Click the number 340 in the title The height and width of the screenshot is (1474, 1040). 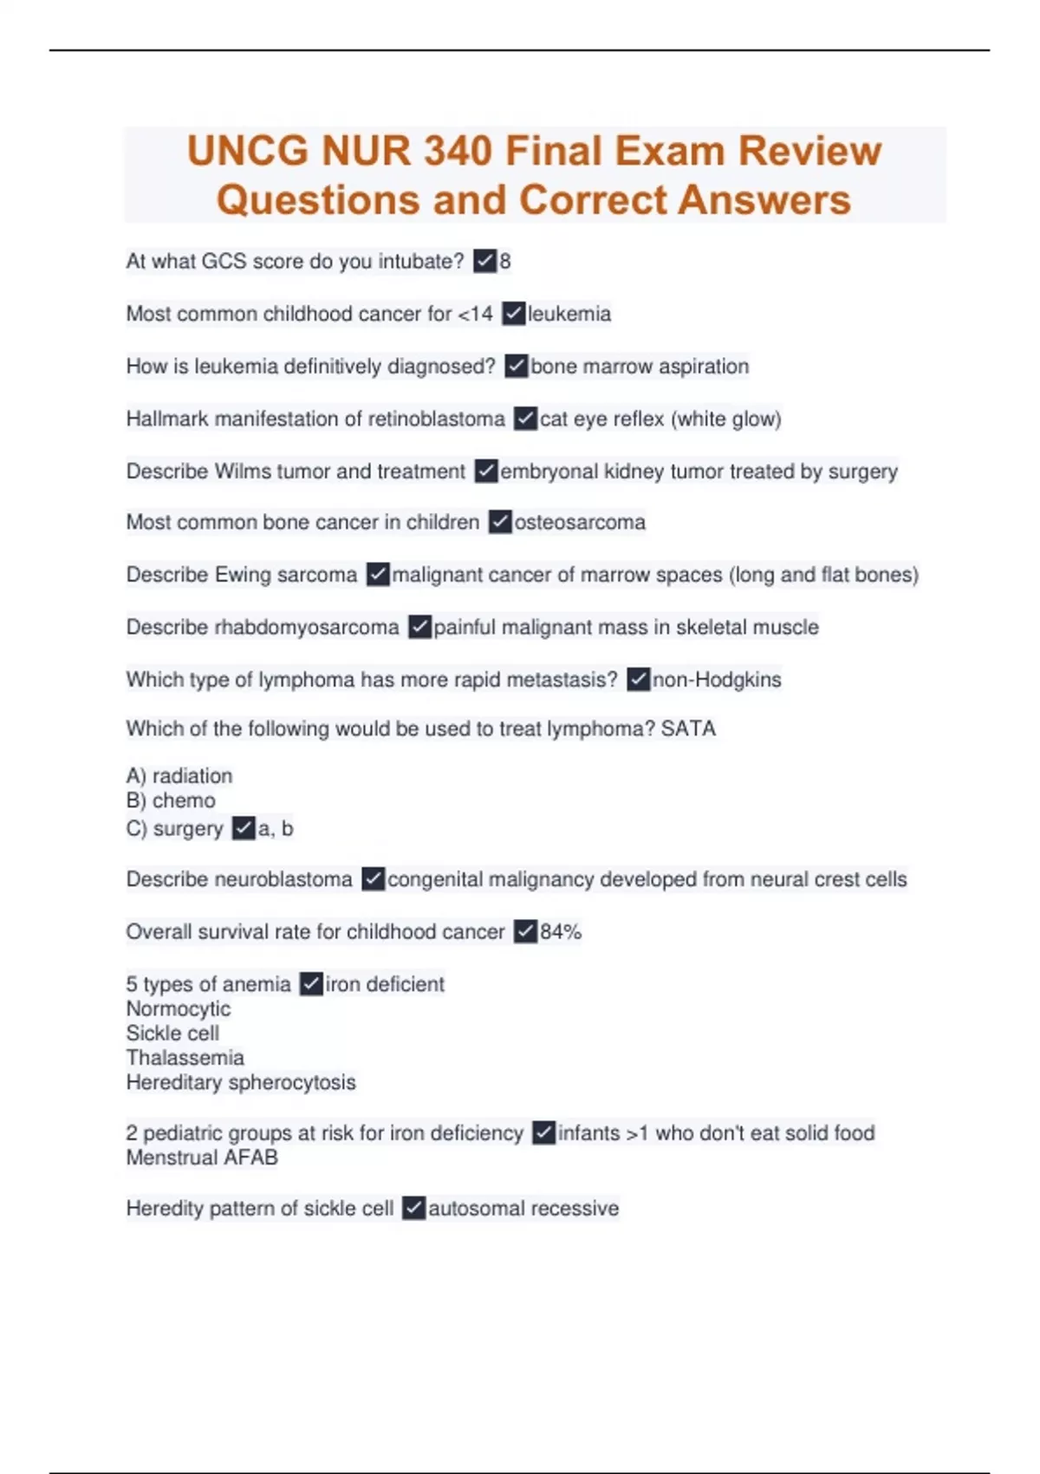point(458,151)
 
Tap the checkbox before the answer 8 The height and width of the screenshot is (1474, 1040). point(484,261)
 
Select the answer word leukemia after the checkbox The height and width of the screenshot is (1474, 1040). point(569,314)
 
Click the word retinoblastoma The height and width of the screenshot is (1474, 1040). point(437,419)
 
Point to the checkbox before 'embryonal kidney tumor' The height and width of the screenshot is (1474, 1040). point(486,471)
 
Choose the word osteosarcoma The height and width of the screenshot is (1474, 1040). point(580,522)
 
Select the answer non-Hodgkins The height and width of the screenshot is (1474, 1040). point(717,680)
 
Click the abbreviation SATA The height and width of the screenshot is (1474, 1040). point(688,728)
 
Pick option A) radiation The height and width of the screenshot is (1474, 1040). point(179,775)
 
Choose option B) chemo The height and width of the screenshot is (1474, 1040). point(171,800)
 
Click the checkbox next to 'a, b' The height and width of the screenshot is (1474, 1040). point(244,828)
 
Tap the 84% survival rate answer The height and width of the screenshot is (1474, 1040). point(561,932)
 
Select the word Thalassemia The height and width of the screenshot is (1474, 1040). point(185,1058)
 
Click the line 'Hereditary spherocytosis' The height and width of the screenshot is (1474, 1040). point(240,1082)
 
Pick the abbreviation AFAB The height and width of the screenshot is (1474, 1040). point(250,1158)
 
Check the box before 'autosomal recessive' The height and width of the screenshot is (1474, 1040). point(414,1208)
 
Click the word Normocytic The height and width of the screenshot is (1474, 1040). point(179,1008)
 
